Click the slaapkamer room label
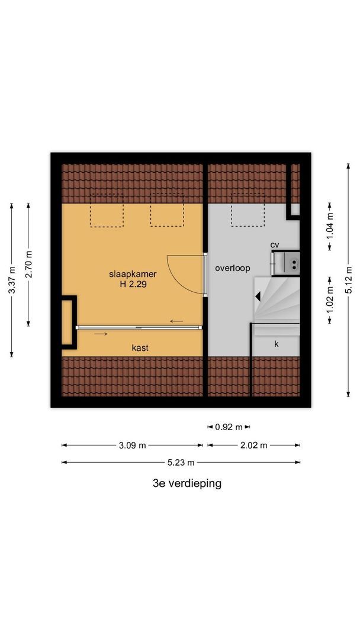[x=133, y=275]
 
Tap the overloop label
[x=232, y=269]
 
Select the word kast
[x=140, y=348]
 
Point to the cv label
[x=275, y=245]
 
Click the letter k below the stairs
[x=276, y=344]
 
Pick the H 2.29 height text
[x=133, y=285]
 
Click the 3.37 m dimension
[x=12, y=280]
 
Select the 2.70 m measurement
[x=28, y=264]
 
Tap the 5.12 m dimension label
[x=348, y=280]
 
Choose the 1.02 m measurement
[x=330, y=300]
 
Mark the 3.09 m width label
[x=132, y=446]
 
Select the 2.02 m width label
[x=253, y=446]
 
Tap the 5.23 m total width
[x=181, y=463]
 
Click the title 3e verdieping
[x=187, y=483]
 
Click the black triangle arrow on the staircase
[x=258, y=296]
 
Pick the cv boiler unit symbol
[x=285, y=263]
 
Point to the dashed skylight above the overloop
[x=248, y=214]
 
